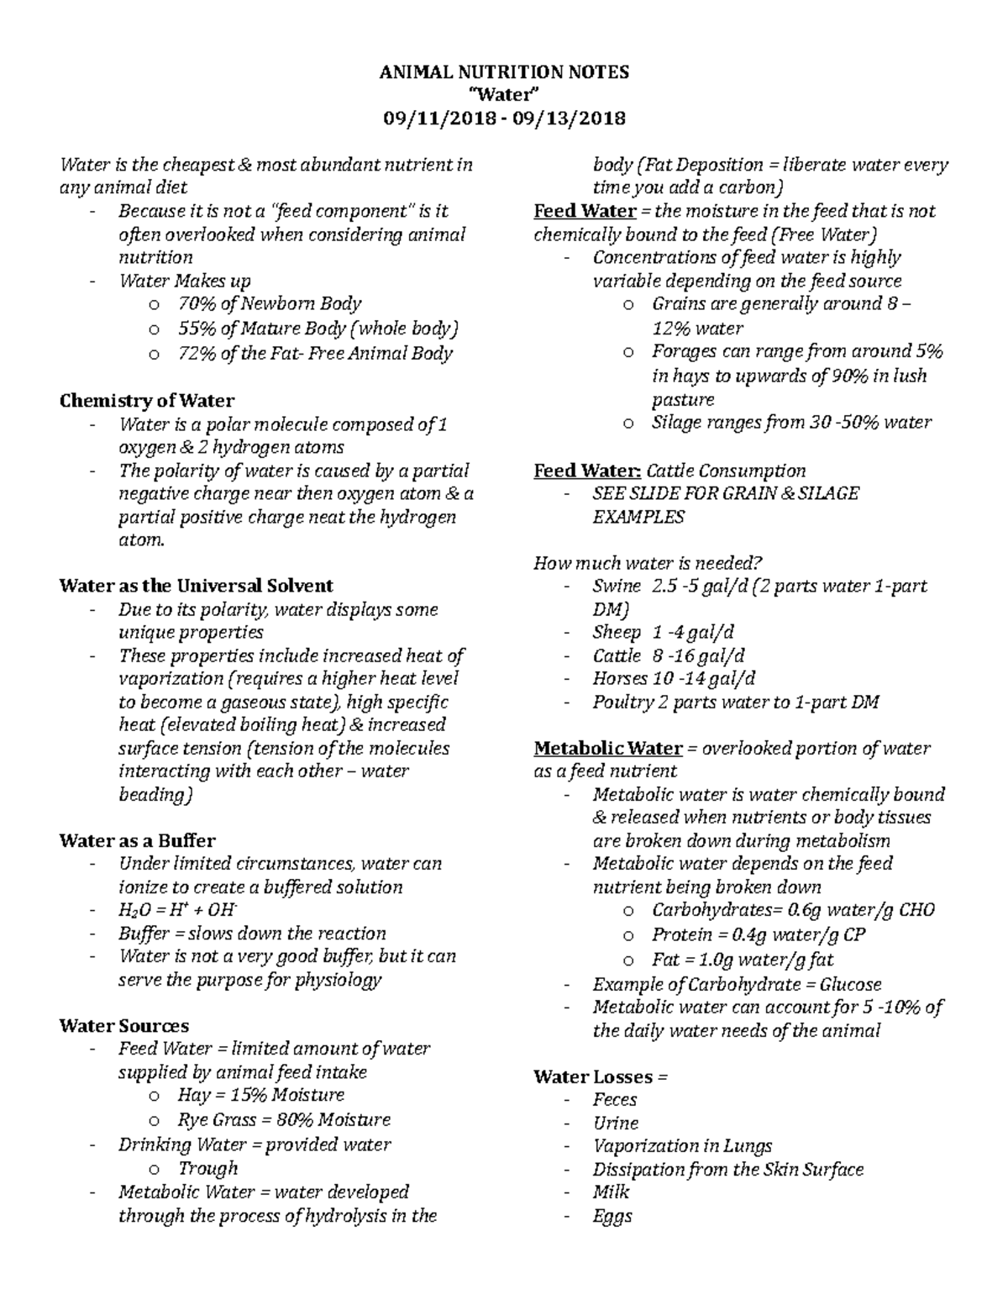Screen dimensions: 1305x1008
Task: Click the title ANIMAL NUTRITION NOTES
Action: tap(504, 72)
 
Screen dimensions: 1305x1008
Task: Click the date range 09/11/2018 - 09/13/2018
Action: tap(504, 118)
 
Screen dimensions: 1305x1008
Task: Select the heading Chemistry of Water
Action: tap(146, 401)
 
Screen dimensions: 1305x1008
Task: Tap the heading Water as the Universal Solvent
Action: tap(196, 586)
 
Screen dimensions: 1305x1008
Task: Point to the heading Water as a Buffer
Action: tap(137, 840)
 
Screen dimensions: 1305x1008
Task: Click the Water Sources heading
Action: tap(123, 1025)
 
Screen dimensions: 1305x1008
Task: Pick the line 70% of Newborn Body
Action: tap(270, 303)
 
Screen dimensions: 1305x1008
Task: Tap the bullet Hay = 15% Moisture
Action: tap(261, 1095)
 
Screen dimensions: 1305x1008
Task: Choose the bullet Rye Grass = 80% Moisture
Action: tap(284, 1119)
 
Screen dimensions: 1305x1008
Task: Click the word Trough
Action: tap(207, 1168)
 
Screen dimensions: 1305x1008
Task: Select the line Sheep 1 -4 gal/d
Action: tap(663, 632)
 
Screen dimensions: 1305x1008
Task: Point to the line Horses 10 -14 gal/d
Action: tap(673, 678)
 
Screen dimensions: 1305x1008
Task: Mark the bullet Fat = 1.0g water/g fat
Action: tap(742, 960)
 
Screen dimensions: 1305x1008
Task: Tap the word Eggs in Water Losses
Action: tap(612, 1215)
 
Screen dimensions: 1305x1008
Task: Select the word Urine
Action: tap(615, 1123)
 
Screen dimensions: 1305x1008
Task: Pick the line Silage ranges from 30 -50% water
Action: tap(791, 423)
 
